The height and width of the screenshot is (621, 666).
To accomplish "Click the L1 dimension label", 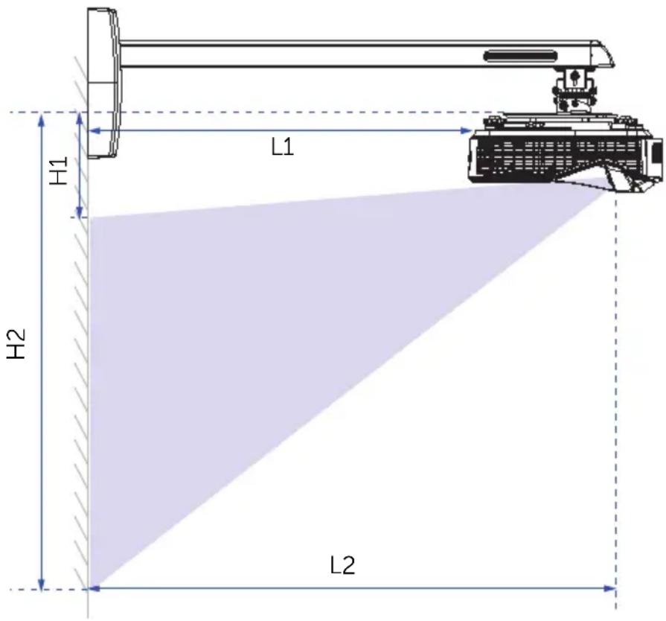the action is tap(283, 147).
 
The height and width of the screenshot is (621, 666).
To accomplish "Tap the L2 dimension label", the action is tap(342, 566).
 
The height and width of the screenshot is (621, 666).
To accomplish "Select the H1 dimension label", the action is tap(59, 171).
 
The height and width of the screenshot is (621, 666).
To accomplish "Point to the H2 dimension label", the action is tap(16, 343).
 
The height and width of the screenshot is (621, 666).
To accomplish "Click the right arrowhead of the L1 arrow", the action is tap(467, 131).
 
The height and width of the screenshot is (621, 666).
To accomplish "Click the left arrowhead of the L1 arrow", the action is tap(95, 131).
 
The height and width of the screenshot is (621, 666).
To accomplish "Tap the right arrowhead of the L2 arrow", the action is tap(610, 589).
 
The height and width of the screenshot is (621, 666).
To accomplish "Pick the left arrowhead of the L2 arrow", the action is tap(95, 589).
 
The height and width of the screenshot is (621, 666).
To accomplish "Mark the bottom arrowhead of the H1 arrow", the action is tap(80, 211).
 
